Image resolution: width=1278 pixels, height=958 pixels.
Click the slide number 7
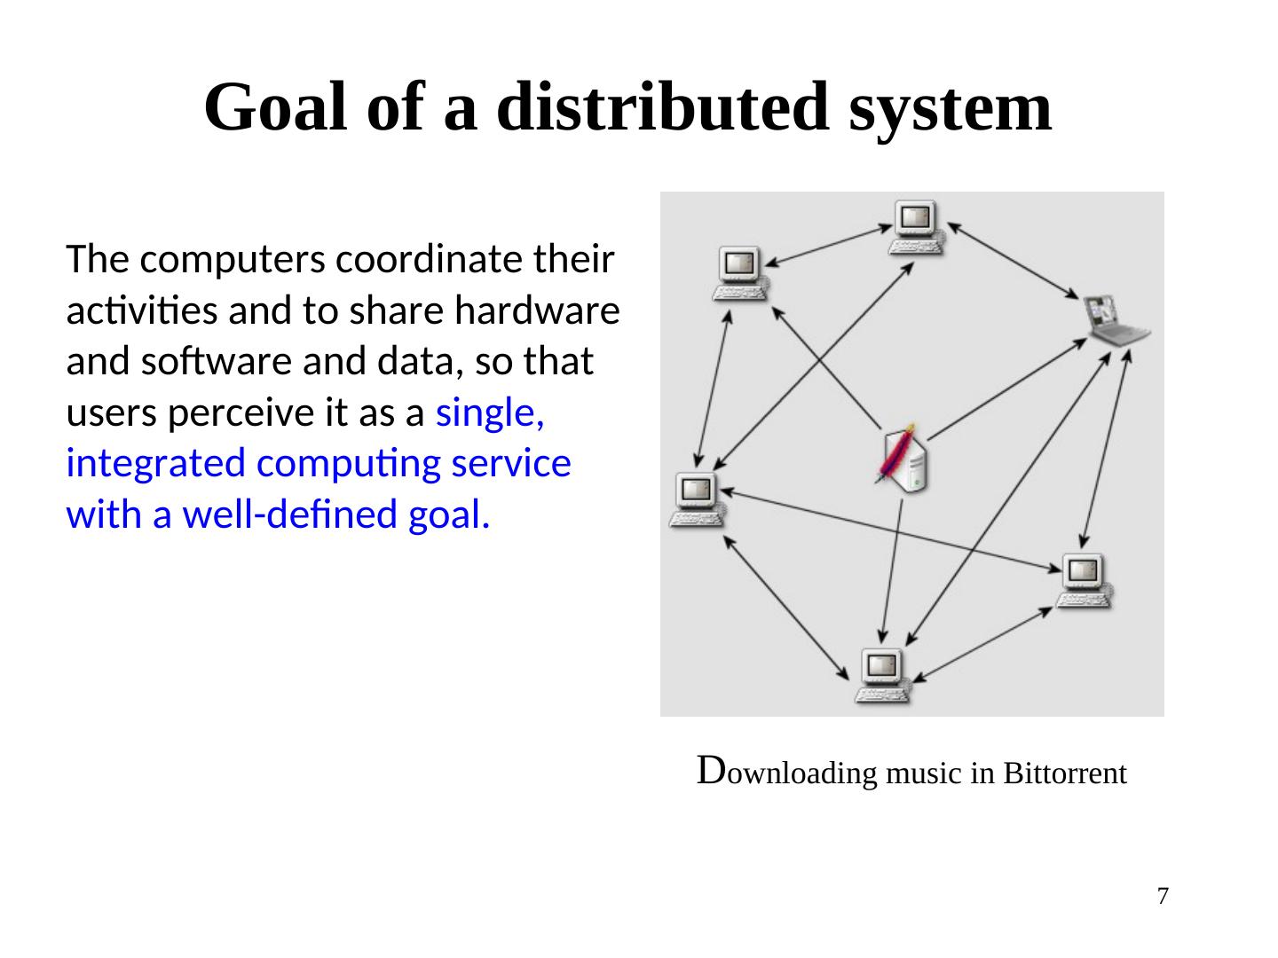(x=1163, y=896)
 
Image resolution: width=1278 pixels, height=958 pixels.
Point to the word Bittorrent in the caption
(x=1065, y=773)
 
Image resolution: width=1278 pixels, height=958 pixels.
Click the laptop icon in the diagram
(x=1116, y=320)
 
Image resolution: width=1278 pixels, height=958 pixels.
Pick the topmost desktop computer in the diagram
(x=918, y=226)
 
